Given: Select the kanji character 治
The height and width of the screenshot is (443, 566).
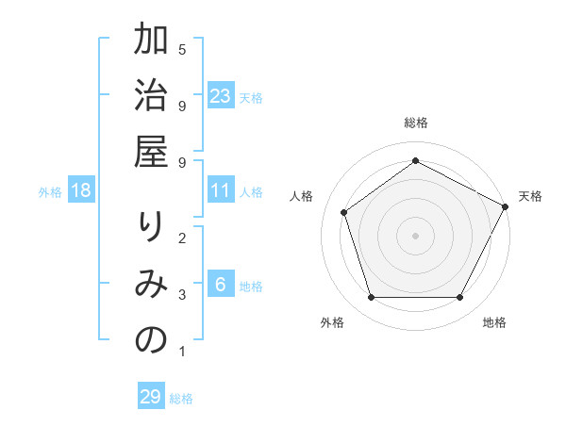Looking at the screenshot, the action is tap(151, 98).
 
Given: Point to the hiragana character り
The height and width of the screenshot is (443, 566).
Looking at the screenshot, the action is tap(151, 228).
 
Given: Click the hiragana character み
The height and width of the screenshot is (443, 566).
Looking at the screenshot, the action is tap(151, 286).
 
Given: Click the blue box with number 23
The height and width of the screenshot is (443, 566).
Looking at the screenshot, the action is tap(221, 96).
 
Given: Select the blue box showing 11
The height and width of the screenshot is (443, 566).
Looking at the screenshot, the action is tap(221, 191).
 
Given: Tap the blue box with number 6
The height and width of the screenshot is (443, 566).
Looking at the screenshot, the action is tap(221, 286).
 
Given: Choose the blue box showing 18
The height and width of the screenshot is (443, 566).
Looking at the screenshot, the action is tap(82, 191).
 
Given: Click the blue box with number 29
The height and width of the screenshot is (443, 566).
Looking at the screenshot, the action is tap(151, 397).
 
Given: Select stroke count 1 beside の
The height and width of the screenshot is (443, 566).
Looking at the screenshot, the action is tap(182, 353).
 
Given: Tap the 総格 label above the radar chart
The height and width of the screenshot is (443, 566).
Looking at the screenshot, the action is tap(416, 123).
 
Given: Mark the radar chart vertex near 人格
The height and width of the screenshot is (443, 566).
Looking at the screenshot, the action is tap(344, 212).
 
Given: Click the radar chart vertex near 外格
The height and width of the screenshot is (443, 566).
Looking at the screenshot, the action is tap(372, 298).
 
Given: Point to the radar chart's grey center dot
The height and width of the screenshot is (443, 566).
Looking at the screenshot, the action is tap(416, 235).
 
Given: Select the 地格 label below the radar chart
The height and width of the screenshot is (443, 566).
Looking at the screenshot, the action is tap(494, 322).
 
